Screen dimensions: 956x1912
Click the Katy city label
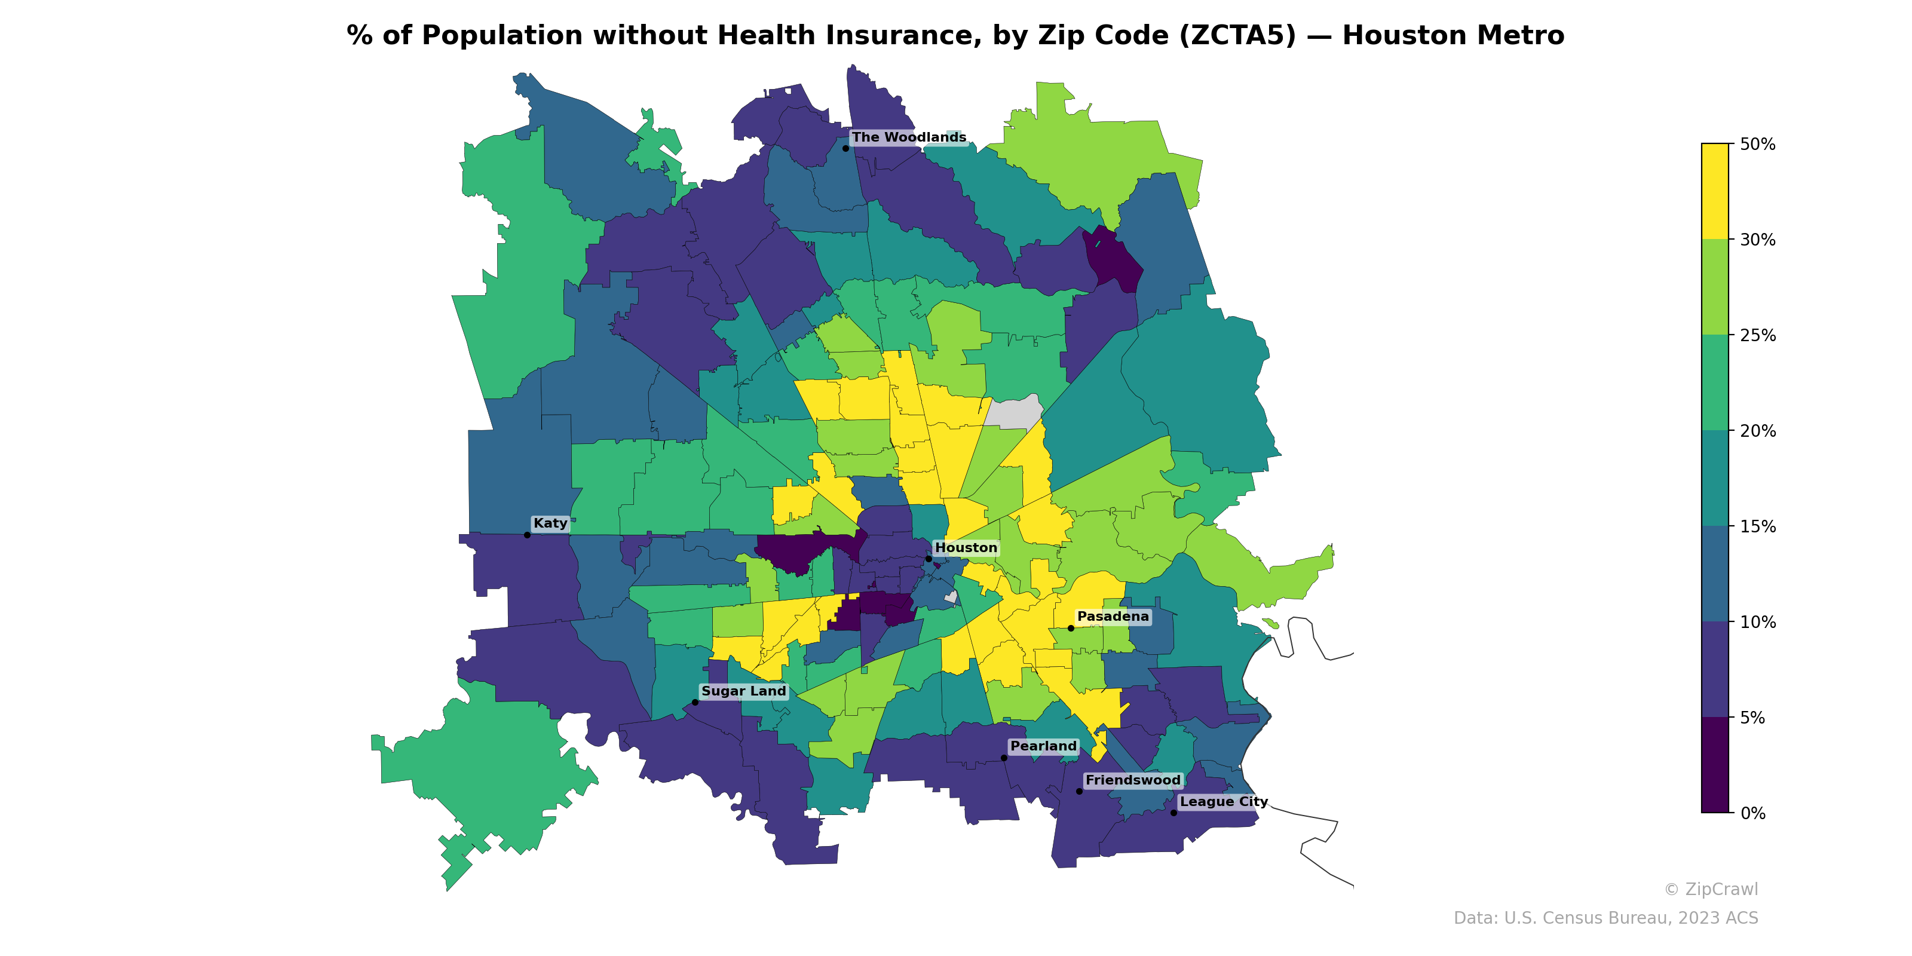(550, 523)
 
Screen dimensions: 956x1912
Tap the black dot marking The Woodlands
(845, 148)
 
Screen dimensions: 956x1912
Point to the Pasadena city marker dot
(1070, 628)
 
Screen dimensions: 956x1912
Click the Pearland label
(1043, 746)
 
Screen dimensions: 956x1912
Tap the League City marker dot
(1173, 813)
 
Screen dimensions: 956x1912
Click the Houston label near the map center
(966, 548)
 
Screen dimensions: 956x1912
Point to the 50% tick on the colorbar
(1732, 144)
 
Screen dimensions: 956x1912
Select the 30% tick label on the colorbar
(1757, 240)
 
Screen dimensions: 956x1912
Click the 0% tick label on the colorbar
(1752, 813)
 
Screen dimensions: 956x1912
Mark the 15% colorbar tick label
(1757, 527)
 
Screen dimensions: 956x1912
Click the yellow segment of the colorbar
(1715, 191)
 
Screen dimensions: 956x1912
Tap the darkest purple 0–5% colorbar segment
(1715, 765)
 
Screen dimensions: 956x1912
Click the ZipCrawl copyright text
(1711, 889)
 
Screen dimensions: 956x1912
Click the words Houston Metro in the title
(1453, 36)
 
